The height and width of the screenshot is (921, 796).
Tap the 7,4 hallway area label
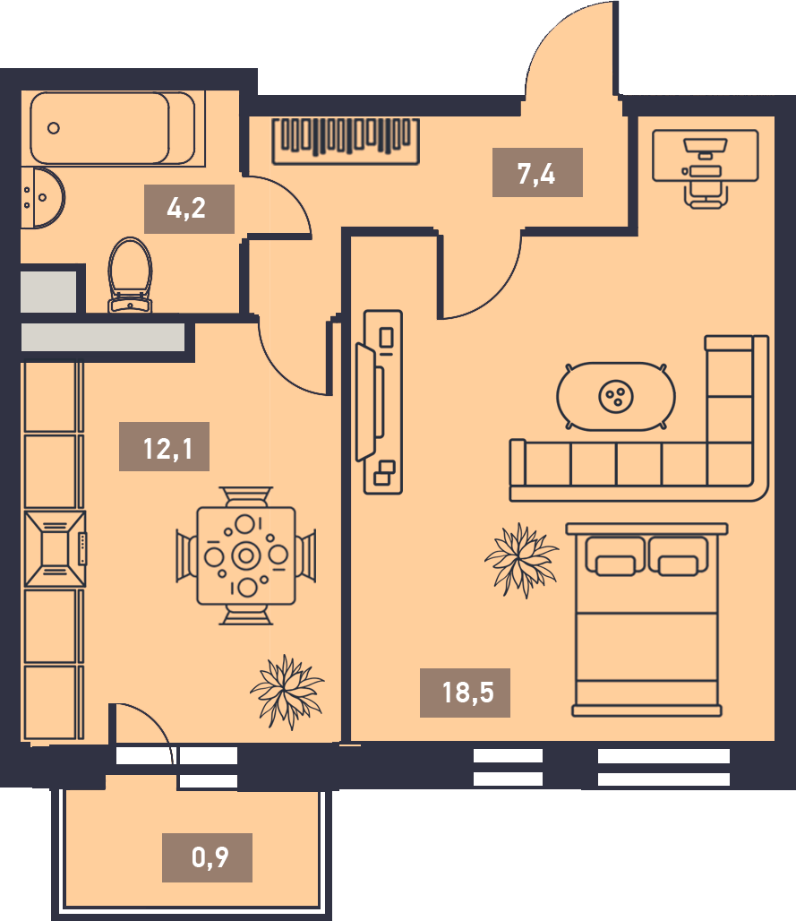537,173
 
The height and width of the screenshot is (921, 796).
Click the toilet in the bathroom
130,275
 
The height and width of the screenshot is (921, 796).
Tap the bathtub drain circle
54,128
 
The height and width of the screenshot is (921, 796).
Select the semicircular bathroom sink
42,198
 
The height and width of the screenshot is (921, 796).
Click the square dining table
246,555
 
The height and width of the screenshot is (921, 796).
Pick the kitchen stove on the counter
56,548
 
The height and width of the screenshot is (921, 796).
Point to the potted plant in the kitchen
287,692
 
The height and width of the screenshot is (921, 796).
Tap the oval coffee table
616,397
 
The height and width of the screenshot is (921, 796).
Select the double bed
646,620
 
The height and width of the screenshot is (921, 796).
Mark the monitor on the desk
705,147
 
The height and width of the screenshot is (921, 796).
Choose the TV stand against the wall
382,401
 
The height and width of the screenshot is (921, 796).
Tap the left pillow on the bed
614,556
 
